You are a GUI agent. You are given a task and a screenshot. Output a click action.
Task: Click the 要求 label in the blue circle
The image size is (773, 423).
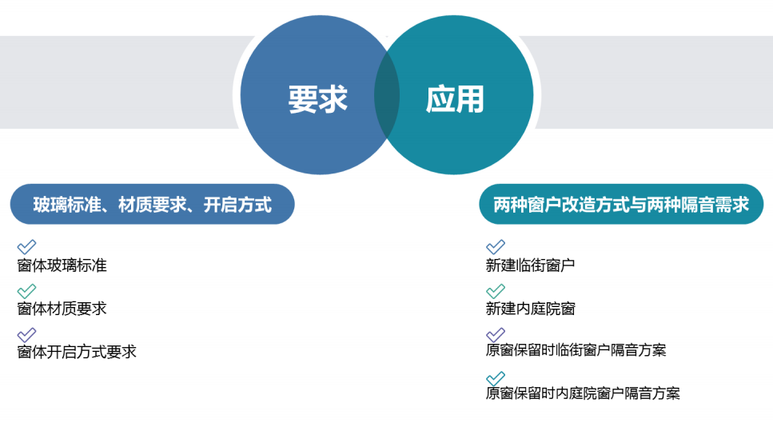pos(318,99)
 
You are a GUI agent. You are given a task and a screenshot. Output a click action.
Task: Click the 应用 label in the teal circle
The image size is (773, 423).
pos(455,99)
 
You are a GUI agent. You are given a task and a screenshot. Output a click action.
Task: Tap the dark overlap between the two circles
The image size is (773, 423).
pos(387,95)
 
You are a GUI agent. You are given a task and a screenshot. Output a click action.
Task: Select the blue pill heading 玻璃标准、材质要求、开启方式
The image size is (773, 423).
pos(153,204)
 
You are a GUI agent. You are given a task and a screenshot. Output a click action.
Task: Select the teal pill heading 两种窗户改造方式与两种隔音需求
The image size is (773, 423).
pos(621,204)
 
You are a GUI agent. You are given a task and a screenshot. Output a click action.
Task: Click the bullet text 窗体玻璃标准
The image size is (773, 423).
pos(62,265)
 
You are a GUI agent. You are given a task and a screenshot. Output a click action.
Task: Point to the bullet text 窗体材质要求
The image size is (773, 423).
pos(62,309)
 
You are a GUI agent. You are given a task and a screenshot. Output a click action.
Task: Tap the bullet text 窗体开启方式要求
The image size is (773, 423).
pos(77,352)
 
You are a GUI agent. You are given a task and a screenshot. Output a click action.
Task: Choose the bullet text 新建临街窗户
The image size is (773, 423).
pos(531,265)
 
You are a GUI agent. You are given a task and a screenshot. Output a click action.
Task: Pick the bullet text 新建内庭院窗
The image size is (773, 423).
pos(531,309)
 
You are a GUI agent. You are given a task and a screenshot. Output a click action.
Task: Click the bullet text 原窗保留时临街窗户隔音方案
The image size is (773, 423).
pos(576,350)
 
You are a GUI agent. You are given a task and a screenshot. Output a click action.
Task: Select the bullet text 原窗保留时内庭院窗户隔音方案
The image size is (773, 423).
pos(583,393)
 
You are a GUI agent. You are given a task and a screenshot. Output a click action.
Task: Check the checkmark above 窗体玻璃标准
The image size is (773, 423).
pos(26,247)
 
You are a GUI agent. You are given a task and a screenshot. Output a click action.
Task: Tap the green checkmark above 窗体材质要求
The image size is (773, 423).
pos(26,291)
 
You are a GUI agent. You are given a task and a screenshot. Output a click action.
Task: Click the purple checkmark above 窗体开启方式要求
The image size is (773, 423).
pos(26,335)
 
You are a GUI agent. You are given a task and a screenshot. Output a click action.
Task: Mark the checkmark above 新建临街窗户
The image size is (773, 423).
pos(496,247)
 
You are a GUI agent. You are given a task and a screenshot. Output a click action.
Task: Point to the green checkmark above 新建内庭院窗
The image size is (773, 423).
pos(496,291)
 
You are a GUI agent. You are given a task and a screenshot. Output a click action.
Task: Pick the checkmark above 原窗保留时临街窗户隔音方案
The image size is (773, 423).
pos(496,335)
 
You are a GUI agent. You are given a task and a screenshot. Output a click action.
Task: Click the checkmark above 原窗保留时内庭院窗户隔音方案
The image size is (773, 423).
pos(496,378)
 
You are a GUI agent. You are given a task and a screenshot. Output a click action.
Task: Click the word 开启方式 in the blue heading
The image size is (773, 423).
pos(237,205)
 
